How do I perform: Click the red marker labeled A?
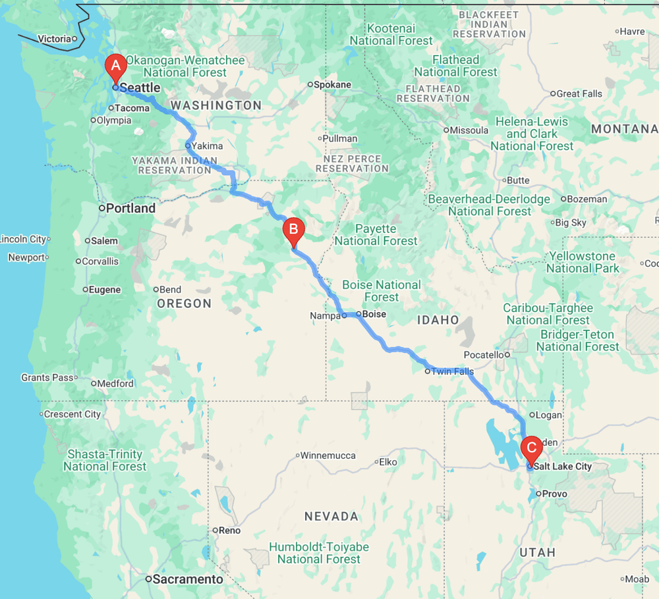[x=116, y=66]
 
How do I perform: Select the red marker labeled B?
[x=293, y=231]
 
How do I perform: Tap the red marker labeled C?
[x=531, y=450]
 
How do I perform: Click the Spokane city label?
[x=332, y=85]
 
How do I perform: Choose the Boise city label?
[x=374, y=314]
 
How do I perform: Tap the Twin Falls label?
[x=453, y=371]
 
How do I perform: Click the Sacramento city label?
[x=188, y=579]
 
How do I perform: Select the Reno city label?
[x=231, y=531]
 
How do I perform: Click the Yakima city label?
[x=207, y=145]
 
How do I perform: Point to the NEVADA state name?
[x=331, y=517]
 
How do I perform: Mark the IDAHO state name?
[x=437, y=320]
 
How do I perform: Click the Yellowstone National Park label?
[x=583, y=262]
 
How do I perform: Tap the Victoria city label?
[x=54, y=39]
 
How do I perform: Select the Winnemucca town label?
[x=329, y=456]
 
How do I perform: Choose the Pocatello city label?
[x=483, y=355]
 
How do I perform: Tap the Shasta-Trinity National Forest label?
[x=105, y=460]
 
